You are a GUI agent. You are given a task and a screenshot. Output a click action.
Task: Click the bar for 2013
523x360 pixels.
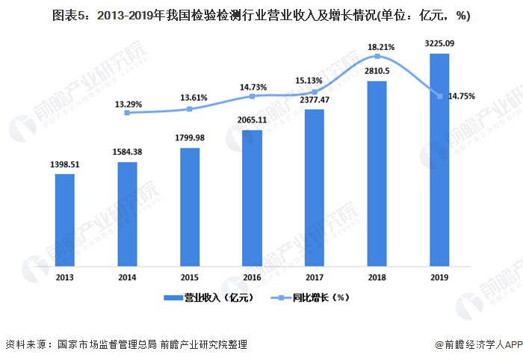(65, 220)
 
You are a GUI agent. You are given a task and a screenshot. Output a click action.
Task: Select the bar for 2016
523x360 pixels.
(253, 198)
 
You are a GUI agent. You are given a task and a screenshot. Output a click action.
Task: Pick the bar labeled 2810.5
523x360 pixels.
(377, 173)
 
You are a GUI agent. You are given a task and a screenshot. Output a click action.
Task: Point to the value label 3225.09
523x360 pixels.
(439, 43)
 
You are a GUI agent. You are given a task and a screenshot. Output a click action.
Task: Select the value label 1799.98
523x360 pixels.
(191, 137)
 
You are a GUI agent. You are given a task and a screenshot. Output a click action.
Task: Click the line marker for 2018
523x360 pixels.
(377, 56)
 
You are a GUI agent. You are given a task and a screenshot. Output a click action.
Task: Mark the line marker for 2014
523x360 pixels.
(128, 113)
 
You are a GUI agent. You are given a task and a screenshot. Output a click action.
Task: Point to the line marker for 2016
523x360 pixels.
(253, 96)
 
